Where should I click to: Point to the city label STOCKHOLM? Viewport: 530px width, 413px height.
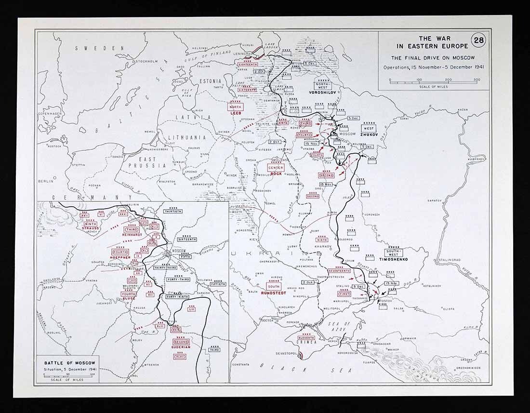tap(147, 61)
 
